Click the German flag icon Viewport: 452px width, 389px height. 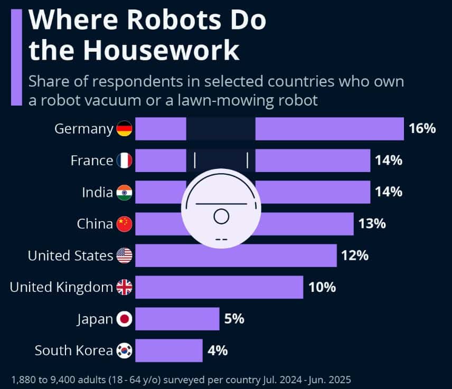coord(125,129)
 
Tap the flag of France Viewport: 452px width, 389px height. coord(125,160)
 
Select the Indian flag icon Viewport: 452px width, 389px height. coord(125,192)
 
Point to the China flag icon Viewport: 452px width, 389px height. coord(125,224)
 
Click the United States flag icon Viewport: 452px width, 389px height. coord(125,256)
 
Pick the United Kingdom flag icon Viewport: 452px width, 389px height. coord(125,287)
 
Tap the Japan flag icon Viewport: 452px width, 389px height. coord(125,319)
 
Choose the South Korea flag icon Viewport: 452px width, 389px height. coord(125,350)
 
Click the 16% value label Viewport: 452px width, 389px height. coord(422,129)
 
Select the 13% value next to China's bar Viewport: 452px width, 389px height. coord(372,224)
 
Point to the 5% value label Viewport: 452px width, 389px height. coord(234,319)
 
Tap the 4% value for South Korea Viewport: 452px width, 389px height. coord(217,350)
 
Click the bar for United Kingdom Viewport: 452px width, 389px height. coord(219,287)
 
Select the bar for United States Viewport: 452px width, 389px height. coord(236,256)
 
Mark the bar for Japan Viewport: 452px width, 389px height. coord(177,319)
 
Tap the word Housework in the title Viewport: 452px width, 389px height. coord(161,51)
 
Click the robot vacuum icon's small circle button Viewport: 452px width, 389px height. coord(221,216)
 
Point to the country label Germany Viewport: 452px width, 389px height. coord(84,129)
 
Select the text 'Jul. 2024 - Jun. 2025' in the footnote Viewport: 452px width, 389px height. coord(305,379)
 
